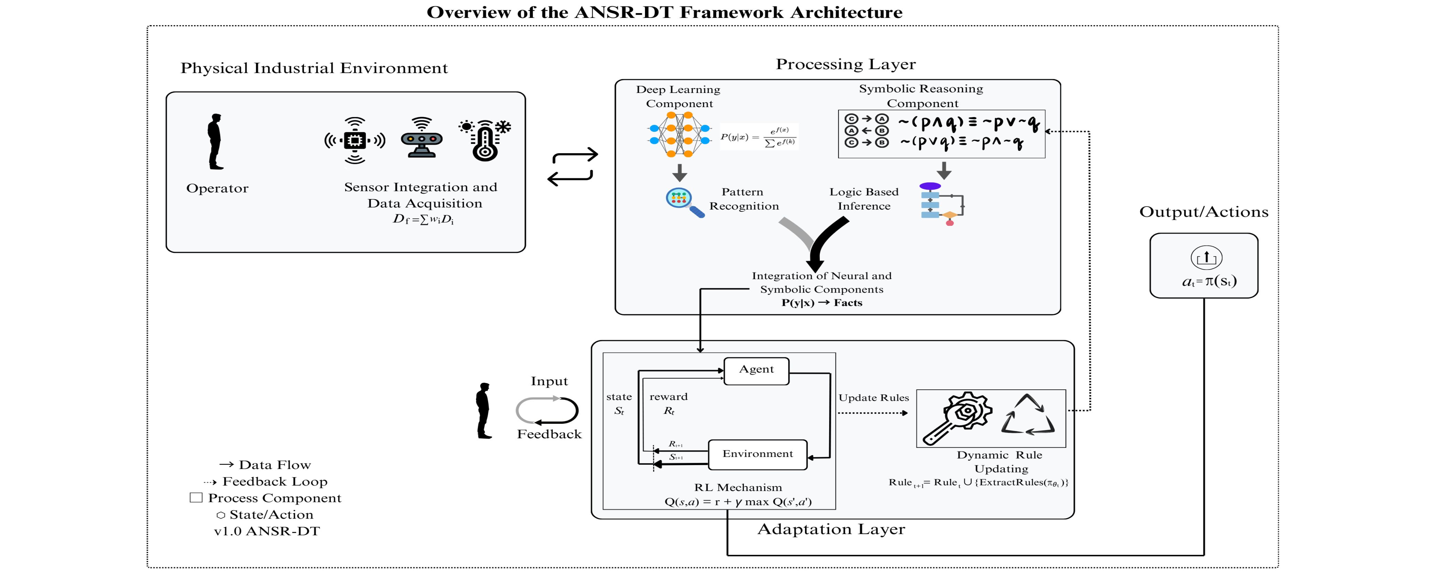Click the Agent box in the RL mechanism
tap(756, 370)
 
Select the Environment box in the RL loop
tap(758, 454)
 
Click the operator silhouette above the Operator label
tap(215, 141)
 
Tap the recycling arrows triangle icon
tap(1027, 416)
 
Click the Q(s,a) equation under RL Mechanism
tap(738, 502)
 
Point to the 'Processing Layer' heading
tap(845, 64)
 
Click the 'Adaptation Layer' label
tap(831, 529)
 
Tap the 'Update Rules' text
tap(874, 398)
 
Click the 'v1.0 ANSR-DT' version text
tap(267, 532)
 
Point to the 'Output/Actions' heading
tap(1204, 212)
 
